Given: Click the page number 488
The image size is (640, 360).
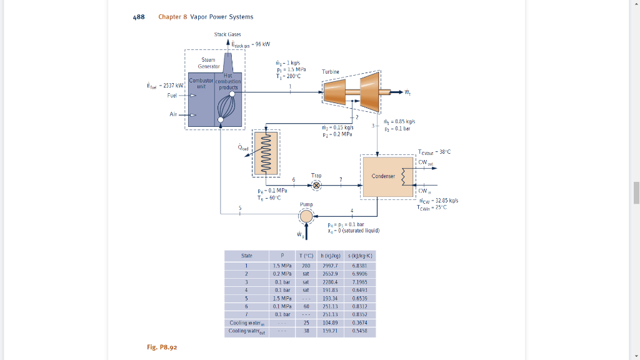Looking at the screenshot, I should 139,17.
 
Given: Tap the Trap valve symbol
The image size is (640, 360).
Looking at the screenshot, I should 316,186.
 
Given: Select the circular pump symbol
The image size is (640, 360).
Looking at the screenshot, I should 306,216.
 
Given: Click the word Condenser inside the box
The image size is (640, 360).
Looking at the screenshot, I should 383,176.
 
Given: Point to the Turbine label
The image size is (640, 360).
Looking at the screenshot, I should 331,72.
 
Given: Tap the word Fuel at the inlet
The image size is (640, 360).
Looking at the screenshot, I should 172,96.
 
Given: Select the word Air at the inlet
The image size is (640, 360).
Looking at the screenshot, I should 173,114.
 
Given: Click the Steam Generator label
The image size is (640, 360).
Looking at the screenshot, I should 208,62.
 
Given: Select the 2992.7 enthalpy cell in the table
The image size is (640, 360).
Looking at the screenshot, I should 328,265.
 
